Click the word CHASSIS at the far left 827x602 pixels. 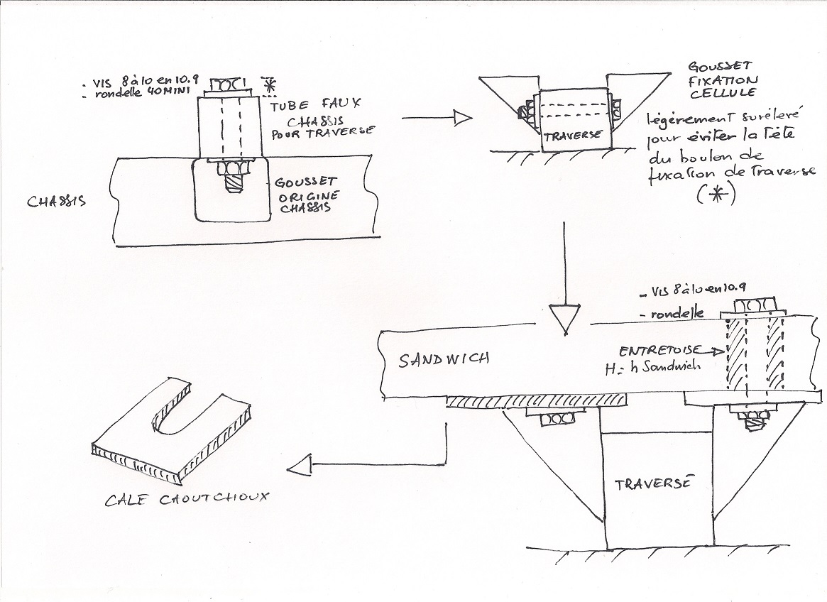[x=57, y=201]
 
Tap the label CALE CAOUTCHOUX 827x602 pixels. [x=187, y=499]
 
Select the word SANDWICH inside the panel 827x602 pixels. [x=444, y=359]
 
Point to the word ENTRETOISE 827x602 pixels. [x=659, y=351]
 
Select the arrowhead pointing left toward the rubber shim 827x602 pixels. [x=301, y=466]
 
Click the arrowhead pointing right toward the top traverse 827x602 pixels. [x=462, y=119]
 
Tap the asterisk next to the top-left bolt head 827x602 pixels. [x=268, y=84]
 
